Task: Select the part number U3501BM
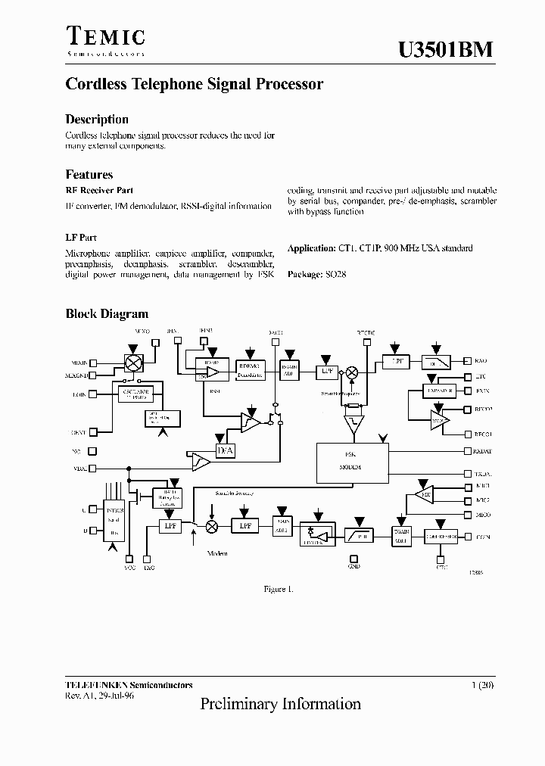tap(445, 49)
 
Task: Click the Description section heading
tap(97, 120)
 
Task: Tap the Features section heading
tap(89, 174)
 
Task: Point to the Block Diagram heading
tap(107, 313)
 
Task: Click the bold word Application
tap(311, 248)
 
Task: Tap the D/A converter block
tap(226, 452)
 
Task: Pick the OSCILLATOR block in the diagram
tap(136, 394)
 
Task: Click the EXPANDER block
tap(428, 391)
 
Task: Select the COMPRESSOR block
tap(440, 536)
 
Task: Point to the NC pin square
tap(92, 451)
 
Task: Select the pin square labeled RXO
tap(469, 362)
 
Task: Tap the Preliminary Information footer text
tap(280, 704)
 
